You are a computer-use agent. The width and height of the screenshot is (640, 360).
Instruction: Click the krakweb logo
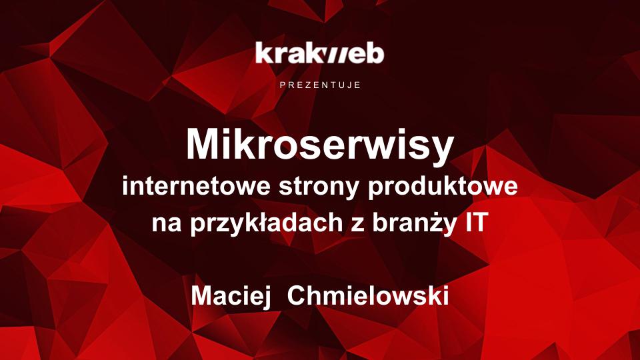pyautogui.click(x=319, y=53)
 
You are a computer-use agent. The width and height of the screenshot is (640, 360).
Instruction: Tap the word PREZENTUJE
pyautogui.click(x=321, y=85)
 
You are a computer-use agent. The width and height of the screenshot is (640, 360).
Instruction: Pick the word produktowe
pyautogui.click(x=443, y=187)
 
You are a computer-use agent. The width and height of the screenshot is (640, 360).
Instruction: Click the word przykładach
pyautogui.click(x=267, y=223)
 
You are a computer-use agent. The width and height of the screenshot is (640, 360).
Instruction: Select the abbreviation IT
pyautogui.click(x=475, y=222)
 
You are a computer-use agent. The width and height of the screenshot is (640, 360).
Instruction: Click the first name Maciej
pyautogui.click(x=231, y=296)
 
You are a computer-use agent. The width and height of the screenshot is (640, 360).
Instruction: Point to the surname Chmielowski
pyautogui.click(x=368, y=295)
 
